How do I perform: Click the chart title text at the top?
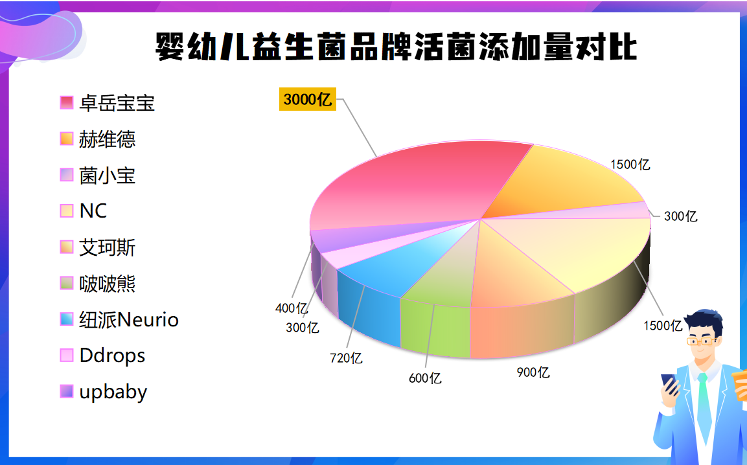(396, 47)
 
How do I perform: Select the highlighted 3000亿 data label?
(308, 100)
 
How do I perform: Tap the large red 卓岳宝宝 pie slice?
(415, 181)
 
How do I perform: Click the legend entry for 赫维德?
(107, 139)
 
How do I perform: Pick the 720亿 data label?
(346, 357)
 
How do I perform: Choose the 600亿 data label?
(425, 378)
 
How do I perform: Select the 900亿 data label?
(533, 372)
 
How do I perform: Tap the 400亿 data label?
(292, 308)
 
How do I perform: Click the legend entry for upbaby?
(113, 392)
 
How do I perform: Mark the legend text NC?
(93, 211)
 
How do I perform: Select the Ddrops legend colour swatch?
(67, 355)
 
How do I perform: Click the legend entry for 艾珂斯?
(107, 247)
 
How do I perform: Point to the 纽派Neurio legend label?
(128, 319)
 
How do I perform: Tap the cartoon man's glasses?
(702, 340)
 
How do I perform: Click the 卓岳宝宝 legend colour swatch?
(67, 102)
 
